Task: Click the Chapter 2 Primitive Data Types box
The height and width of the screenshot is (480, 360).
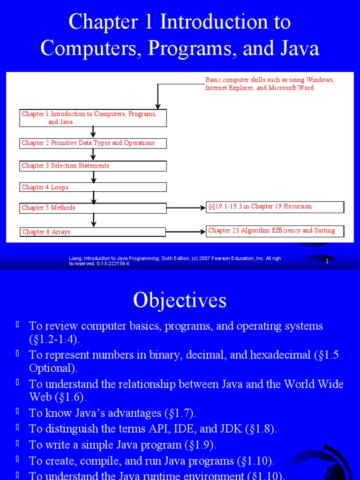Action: [x=93, y=143]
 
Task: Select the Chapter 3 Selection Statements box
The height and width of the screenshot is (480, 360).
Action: [x=93, y=166]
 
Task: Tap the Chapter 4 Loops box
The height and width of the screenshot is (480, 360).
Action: [x=93, y=187]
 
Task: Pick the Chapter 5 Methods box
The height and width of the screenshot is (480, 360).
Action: [x=93, y=208]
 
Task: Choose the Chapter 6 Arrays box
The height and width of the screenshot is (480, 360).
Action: [x=93, y=232]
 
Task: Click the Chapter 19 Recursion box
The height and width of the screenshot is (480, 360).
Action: [x=275, y=207]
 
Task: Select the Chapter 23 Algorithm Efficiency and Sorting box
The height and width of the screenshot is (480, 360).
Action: [x=275, y=231]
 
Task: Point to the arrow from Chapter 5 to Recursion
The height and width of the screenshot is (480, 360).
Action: [x=186, y=208]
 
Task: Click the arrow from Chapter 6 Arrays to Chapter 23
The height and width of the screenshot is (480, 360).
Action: [x=186, y=232]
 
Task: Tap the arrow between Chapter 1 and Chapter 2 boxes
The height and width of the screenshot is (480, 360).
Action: [x=93, y=132]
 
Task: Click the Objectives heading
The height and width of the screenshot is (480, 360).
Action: [x=180, y=300]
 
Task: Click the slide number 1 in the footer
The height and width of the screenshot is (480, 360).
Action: [x=327, y=262]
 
